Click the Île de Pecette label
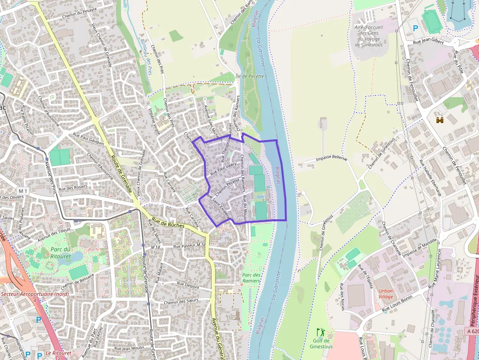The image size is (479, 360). pyautogui.click(x=249, y=76)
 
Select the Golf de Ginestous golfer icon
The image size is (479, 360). pyautogui.click(x=321, y=332)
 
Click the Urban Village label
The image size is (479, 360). pyautogui.click(x=386, y=294)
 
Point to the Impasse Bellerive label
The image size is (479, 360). pyautogui.click(x=331, y=159)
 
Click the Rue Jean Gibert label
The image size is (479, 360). pyautogui.click(x=429, y=42)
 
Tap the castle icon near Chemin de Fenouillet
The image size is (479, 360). pyautogui.click(x=440, y=120)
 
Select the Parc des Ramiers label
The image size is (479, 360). pyautogui.click(x=251, y=277)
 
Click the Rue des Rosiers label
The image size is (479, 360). pyautogui.click(x=72, y=188)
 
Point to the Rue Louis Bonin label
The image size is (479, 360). pyautogui.click(x=397, y=303)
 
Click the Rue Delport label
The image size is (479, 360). pyautogui.click(x=188, y=283)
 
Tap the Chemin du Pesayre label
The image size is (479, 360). pyautogui.click(x=80, y=10)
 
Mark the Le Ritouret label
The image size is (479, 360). pyautogui.click(x=55, y=353)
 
